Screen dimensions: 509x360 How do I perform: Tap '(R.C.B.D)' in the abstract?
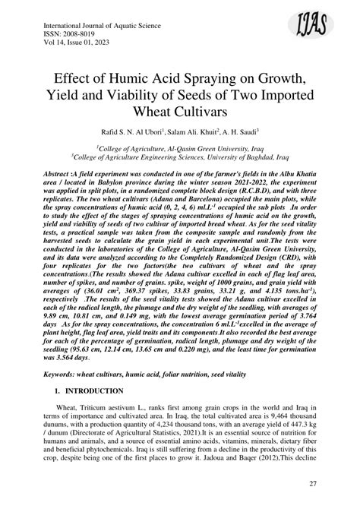248,214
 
